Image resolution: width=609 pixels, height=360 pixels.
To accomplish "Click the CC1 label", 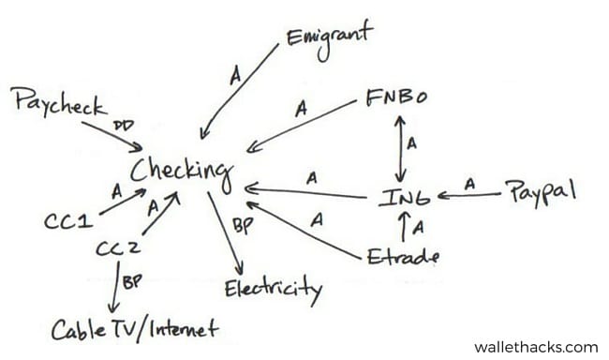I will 67,221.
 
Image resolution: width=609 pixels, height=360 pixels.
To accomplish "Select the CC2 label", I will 118,248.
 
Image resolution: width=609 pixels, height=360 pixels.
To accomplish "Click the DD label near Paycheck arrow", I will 122,125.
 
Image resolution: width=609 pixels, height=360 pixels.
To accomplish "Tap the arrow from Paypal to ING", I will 468,196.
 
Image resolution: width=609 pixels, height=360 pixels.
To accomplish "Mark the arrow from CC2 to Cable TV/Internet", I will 114,288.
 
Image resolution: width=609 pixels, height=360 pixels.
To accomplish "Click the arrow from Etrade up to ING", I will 404,226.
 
